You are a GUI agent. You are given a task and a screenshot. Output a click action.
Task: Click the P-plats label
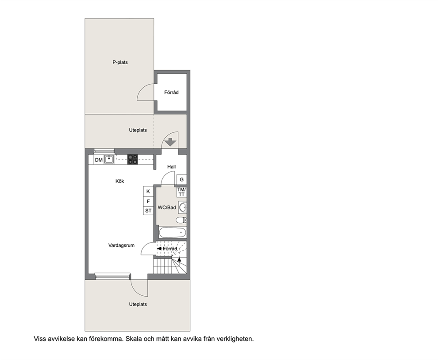tap(120, 62)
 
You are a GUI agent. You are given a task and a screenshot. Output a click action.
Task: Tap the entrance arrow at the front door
tap(170, 142)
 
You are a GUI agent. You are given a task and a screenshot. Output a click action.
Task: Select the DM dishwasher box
tap(99, 160)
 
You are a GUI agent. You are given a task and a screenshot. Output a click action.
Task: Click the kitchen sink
tap(109, 160)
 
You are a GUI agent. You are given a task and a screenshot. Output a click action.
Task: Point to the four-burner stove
tap(133, 159)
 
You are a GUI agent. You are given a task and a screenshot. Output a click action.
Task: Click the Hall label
tap(171, 166)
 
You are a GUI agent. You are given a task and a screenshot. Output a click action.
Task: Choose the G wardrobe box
tap(182, 180)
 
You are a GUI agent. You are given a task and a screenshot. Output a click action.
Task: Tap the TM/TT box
tap(181, 192)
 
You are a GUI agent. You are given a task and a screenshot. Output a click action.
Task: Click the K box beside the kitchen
tap(148, 191)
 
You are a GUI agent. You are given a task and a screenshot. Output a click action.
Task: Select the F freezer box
tap(148, 201)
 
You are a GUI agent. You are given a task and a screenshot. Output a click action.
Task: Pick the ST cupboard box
tap(148, 211)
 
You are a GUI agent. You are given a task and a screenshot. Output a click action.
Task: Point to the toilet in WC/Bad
tap(181, 220)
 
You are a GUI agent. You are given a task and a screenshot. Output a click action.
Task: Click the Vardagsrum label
tap(121, 245)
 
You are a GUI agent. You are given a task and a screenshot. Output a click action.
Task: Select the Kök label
tap(119, 181)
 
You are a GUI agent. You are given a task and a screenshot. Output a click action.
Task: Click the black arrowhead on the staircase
tap(179, 259)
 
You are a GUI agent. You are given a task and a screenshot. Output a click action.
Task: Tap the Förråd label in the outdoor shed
tap(171, 92)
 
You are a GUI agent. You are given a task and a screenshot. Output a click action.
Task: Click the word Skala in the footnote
tap(134, 339)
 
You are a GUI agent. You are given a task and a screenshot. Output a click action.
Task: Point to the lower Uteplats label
tap(138, 304)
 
